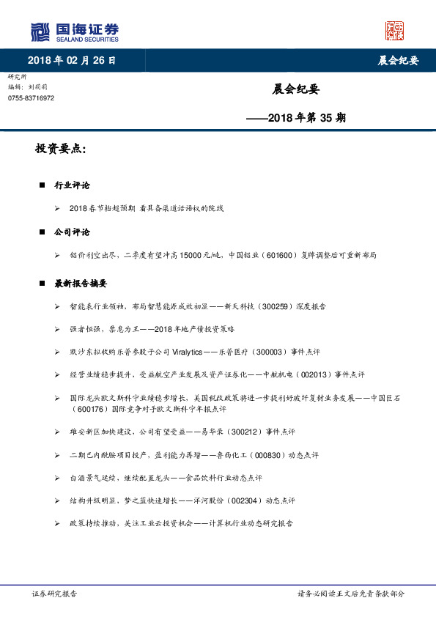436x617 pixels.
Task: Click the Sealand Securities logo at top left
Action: [x=74, y=32]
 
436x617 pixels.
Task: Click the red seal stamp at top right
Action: [x=394, y=31]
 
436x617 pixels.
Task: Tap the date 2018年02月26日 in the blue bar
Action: [x=71, y=60]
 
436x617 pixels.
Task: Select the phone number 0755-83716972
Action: [x=32, y=98]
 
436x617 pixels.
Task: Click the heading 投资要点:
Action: [x=61, y=149]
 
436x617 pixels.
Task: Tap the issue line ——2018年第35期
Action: [x=296, y=117]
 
